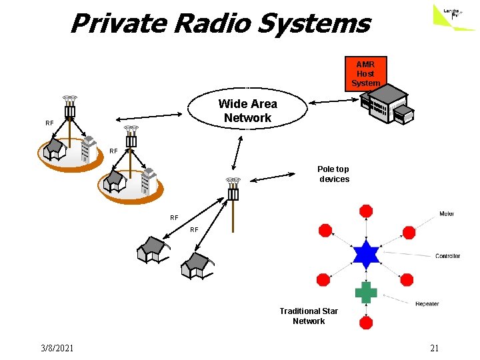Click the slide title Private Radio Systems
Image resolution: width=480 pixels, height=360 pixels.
219,24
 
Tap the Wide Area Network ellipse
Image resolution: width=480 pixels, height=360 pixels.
247,111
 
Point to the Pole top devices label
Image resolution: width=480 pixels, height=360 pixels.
333,174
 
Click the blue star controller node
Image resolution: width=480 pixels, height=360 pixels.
366,254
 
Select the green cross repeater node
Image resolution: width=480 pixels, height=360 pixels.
365,292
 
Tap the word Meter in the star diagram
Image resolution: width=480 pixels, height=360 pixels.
447,214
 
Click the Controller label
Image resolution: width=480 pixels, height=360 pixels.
447,256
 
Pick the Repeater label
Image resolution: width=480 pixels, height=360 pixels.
427,304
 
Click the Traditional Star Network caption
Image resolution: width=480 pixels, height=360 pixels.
309,316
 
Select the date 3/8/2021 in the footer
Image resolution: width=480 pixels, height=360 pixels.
57,348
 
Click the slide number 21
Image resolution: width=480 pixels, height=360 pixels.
434,348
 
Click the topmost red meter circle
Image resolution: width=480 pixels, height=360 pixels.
366,211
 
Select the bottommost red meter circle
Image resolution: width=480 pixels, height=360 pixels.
366,323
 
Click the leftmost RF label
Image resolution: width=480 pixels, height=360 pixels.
49,123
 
